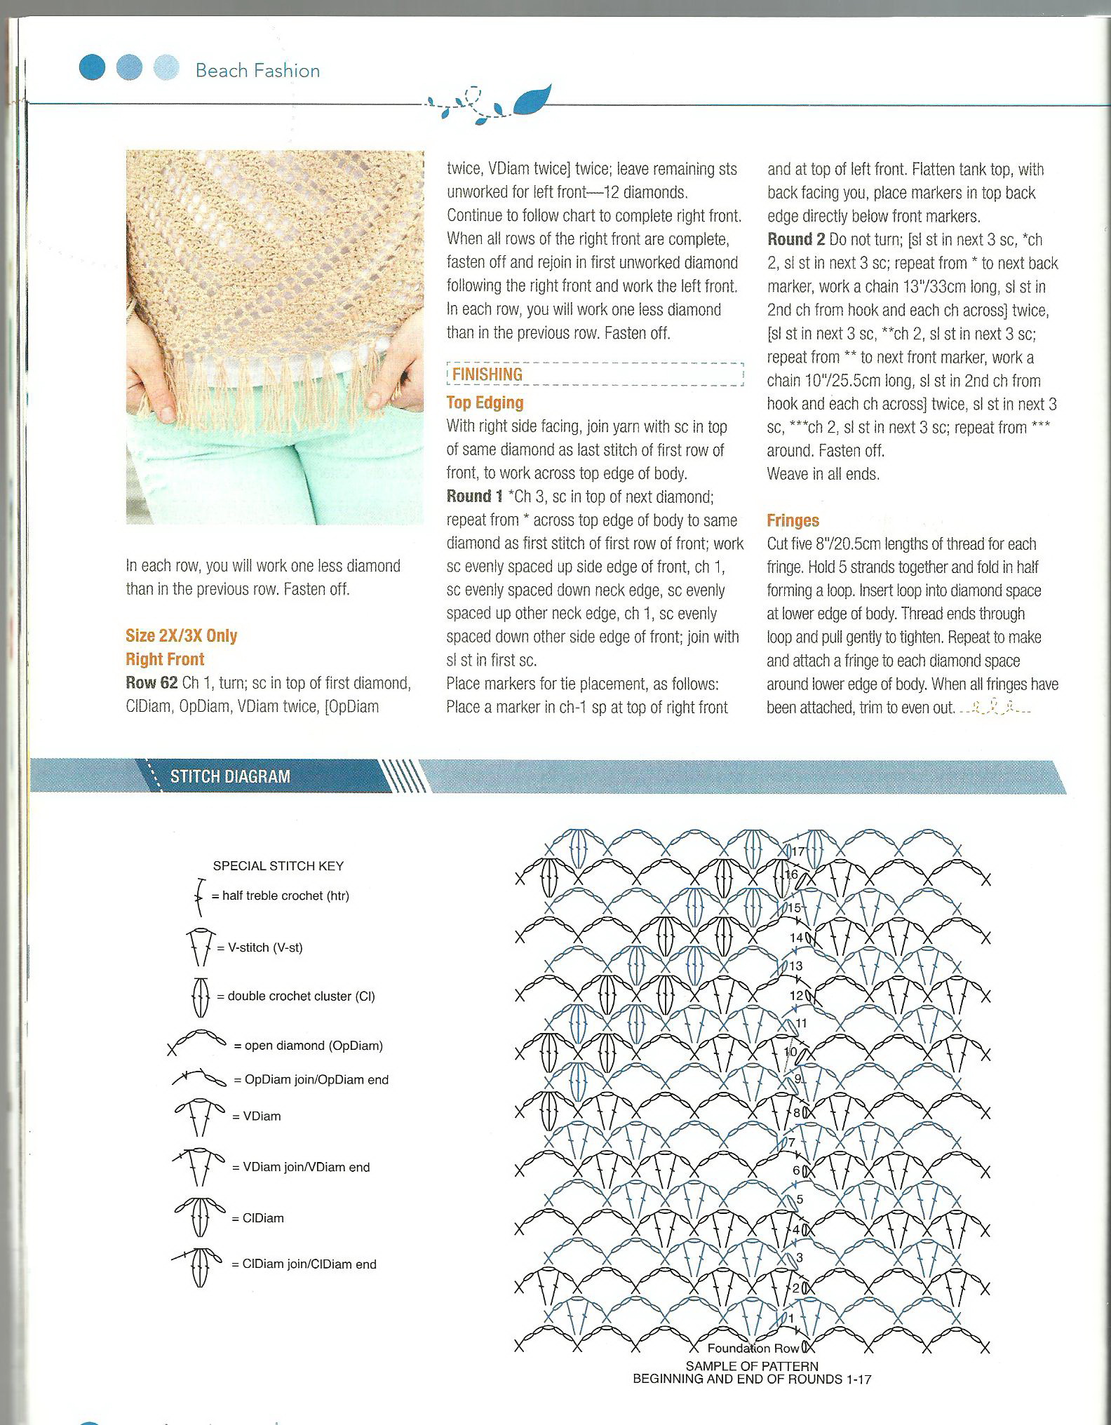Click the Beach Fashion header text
[x=257, y=71]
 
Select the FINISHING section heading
[x=487, y=374]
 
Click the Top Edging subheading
[x=485, y=403]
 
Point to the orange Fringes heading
[x=793, y=520]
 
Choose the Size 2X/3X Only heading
[x=182, y=635]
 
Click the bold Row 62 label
[x=151, y=682]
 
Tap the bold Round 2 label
[x=795, y=239]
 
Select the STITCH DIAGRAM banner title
[x=230, y=776]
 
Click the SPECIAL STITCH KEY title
[x=278, y=866]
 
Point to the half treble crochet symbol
[x=199, y=897]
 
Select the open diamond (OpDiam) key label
[x=309, y=1046]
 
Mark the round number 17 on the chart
[x=798, y=852]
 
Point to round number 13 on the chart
[x=795, y=966]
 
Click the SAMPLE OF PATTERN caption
[x=752, y=1366]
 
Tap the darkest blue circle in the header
[x=92, y=68]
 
